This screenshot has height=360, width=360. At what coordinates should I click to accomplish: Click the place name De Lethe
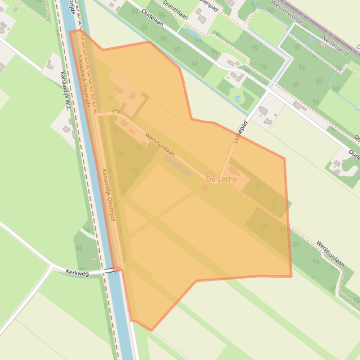click(221, 179)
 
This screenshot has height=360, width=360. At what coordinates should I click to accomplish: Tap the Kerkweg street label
click(77, 273)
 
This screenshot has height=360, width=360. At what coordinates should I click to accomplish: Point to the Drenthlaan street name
click(175, 10)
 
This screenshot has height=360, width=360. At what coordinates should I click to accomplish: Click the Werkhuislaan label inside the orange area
click(160, 144)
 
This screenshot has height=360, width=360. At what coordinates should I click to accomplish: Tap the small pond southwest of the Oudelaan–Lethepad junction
click(238, 99)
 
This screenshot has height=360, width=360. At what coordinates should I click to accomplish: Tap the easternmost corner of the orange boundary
click(291, 276)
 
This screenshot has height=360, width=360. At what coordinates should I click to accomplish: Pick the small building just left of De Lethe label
click(205, 188)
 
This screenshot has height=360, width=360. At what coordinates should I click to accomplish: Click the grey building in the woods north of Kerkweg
click(94, 259)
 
